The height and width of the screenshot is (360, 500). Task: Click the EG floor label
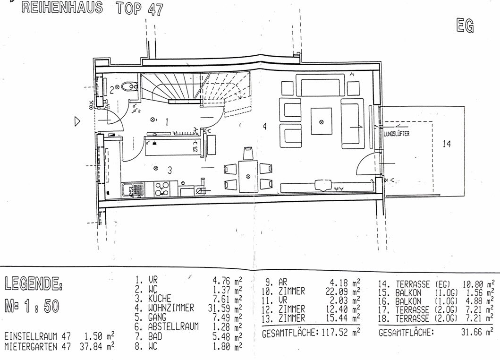pyautogui.click(x=465, y=26)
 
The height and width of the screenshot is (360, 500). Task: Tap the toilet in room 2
pyautogui.click(x=129, y=86)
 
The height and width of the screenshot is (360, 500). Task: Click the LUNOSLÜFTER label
pyautogui.click(x=397, y=134)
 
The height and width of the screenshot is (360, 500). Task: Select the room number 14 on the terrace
pyautogui.click(x=447, y=144)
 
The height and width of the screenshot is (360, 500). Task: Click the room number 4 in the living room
pyautogui.click(x=265, y=127)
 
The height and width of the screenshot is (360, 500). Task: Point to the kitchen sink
pyautogui.click(x=133, y=189)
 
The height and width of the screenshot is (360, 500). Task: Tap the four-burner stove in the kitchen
pyautogui.click(x=161, y=189)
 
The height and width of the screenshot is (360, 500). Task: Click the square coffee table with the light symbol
pyautogui.click(x=322, y=121)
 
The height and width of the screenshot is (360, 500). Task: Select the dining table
pyautogui.click(x=248, y=176)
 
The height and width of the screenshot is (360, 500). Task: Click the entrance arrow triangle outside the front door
pyautogui.click(x=77, y=121)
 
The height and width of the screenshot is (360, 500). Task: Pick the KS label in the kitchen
pyautogui.click(x=195, y=149)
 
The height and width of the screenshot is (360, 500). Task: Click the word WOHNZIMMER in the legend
pyautogui.click(x=171, y=308)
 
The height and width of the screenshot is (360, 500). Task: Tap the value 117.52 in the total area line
pyautogui.click(x=334, y=333)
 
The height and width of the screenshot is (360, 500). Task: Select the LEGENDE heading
pyautogui.click(x=33, y=283)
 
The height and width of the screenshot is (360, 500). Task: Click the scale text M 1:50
pyautogui.click(x=32, y=306)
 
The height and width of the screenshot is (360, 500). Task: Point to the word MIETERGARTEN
pyautogui.click(x=31, y=346)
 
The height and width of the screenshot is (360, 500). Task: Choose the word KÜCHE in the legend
pyautogui.click(x=160, y=299)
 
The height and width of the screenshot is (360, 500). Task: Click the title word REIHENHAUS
pyautogui.click(x=62, y=8)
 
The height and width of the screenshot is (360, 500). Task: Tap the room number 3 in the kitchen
pyautogui.click(x=170, y=171)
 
